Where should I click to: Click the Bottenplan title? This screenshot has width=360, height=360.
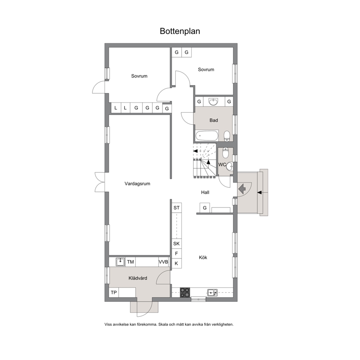tap(180, 31)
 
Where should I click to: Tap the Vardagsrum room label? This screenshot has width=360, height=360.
tap(137, 184)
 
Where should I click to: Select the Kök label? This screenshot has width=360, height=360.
tap(203, 258)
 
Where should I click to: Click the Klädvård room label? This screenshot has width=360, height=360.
tap(138, 278)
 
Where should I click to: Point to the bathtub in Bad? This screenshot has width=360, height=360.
tap(207, 136)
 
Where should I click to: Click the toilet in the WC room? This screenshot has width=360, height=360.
tap(226, 153)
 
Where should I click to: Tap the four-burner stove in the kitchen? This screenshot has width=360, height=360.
tap(185, 292)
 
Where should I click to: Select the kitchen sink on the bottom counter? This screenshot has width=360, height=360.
tap(212, 292)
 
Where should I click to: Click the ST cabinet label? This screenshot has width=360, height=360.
tap(177, 208)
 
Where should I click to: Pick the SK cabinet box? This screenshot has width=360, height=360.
tap(177, 244)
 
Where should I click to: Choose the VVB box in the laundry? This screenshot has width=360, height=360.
tap(163, 262)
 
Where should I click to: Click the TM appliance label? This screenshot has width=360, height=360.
tap(130, 262)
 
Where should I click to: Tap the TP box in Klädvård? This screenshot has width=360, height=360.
tap(114, 292)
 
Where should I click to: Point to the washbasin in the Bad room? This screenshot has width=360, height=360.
tap(213, 102)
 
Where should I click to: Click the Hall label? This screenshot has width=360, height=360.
tap(205, 192)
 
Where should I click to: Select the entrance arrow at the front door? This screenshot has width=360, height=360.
tap(242, 189)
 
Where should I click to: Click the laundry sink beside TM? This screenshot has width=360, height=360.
tap(120, 262)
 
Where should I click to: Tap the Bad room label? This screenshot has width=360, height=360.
tap(214, 120)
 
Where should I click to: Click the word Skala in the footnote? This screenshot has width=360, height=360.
tap(163, 324)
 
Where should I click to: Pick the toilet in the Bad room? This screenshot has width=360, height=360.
tap(227, 136)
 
